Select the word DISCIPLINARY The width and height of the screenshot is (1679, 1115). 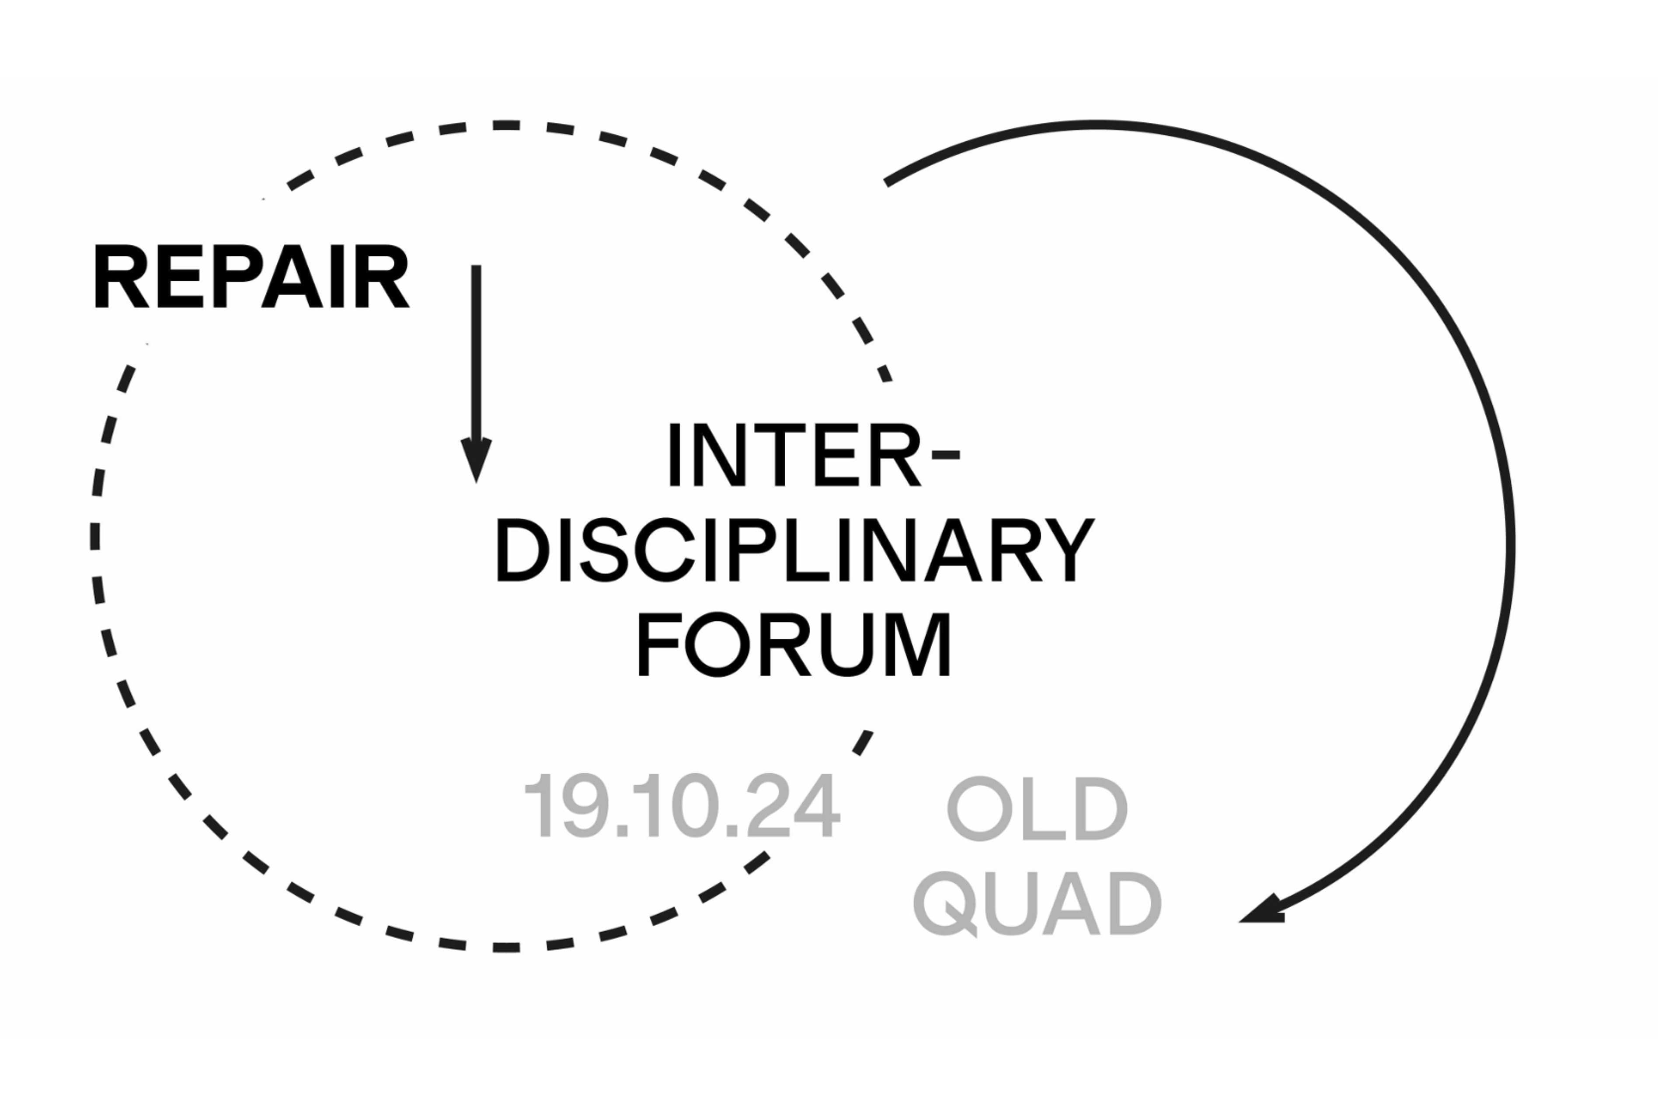[794, 550]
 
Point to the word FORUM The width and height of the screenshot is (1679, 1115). [794, 645]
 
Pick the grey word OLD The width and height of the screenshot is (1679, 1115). [1037, 809]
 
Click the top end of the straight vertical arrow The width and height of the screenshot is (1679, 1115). [476, 269]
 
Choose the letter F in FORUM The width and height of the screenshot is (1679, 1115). [658, 645]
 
